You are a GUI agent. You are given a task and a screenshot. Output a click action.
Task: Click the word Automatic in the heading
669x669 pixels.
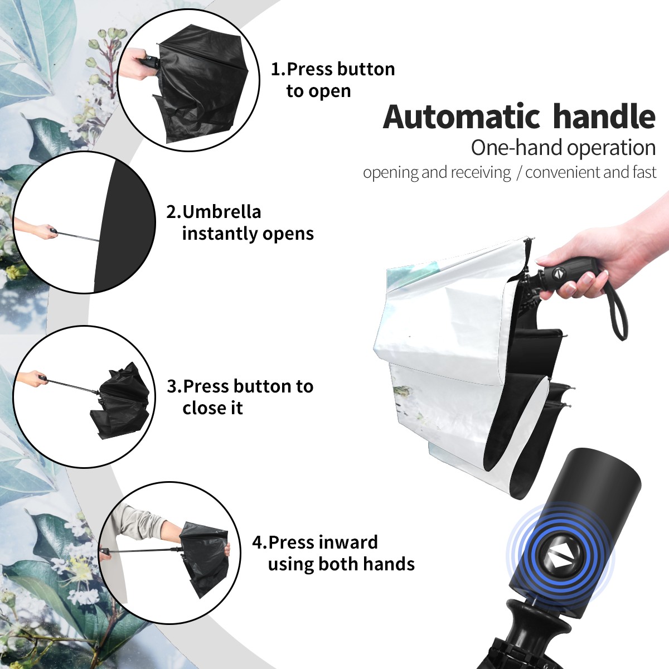462,117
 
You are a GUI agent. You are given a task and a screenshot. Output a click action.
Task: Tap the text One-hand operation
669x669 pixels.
563,148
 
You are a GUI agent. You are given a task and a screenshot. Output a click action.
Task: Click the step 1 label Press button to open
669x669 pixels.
333,80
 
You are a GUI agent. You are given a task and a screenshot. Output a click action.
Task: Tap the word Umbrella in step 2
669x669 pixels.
222,211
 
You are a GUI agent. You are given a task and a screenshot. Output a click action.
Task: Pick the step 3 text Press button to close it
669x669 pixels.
240,396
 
